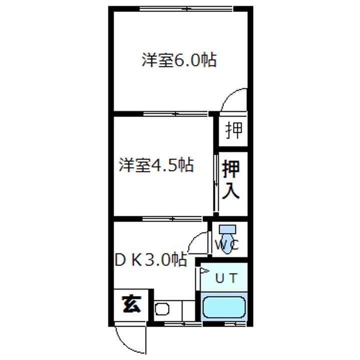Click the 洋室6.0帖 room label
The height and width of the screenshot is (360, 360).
click(x=178, y=61)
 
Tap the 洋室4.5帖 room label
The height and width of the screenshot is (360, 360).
click(x=156, y=165)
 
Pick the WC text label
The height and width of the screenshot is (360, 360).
click(x=227, y=245)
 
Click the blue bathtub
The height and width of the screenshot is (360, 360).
click(x=223, y=307)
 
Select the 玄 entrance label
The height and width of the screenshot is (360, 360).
click(x=131, y=303)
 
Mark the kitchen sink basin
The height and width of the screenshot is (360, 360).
click(x=162, y=309)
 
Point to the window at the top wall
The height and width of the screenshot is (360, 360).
click(x=185, y=8)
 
